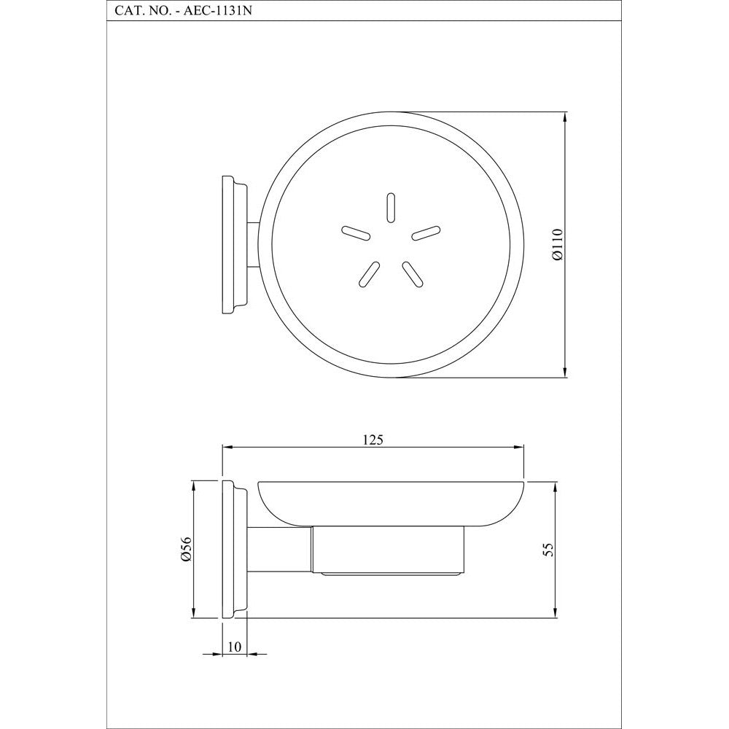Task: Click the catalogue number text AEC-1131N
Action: tap(218, 11)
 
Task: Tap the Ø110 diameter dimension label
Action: tap(558, 244)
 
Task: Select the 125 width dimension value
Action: tap(373, 440)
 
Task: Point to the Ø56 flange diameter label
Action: tap(186, 549)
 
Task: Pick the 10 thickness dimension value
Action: tap(234, 647)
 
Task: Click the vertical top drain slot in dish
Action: tap(391, 207)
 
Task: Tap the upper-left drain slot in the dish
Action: tap(356, 233)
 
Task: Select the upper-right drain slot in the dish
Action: tap(426, 233)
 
